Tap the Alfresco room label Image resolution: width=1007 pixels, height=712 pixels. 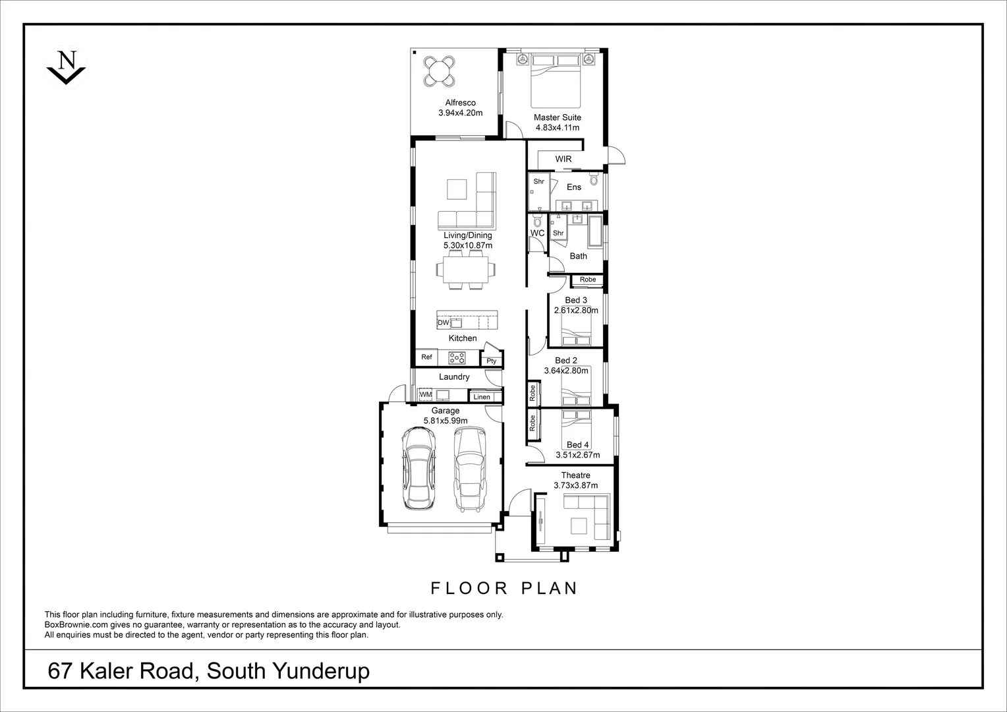(x=460, y=103)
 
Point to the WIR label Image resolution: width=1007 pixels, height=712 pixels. (x=563, y=159)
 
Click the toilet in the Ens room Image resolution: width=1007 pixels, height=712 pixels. (x=593, y=179)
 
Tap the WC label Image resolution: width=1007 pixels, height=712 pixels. (x=537, y=233)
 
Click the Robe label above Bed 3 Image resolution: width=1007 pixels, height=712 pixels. (x=588, y=280)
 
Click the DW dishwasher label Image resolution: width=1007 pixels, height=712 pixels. (x=443, y=323)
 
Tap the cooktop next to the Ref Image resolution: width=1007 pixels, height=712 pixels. (x=457, y=358)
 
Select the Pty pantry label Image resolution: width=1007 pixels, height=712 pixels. (x=492, y=361)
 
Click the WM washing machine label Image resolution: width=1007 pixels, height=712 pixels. (x=426, y=395)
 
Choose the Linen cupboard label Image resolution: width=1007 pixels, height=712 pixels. (x=482, y=397)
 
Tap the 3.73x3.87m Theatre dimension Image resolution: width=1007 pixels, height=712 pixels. (x=575, y=485)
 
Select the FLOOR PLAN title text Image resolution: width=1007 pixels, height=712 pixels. (x=503, y=587)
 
